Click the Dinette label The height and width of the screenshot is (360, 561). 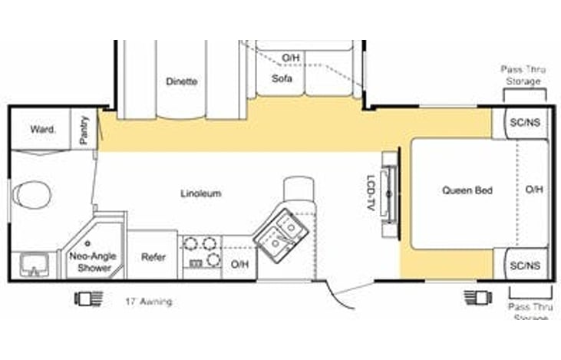(x=181, y=81)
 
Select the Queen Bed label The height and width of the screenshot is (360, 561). (x=467, y=190)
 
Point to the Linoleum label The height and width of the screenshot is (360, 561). (x=201, y=193)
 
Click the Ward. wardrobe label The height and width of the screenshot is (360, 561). (x=43, y=130)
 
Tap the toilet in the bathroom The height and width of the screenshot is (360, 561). (x=31, y=197)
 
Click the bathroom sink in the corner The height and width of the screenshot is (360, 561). (x=33, y=266)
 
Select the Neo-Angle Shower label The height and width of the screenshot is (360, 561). (x=91, y=262)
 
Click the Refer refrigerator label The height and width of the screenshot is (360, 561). (x=153, y=257)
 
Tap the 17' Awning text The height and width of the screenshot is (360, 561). (x=148, y=302)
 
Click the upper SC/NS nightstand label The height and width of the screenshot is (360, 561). (x=525, y=123)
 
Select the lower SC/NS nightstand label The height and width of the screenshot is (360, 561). (x=525, y=266)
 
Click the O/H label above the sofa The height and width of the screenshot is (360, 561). (x=289, y=58)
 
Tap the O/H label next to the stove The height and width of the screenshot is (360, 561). (x=239, y=265)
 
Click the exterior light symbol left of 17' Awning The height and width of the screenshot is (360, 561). (x=84, y=299)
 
